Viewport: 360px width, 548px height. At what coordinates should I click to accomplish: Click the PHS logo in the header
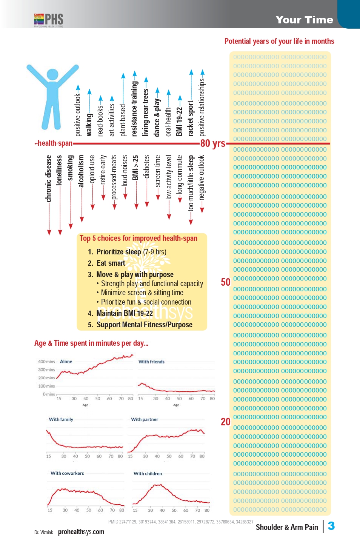pos(49,20)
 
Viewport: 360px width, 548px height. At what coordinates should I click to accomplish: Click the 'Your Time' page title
pos(304,20)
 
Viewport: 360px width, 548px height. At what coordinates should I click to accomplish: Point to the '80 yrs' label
pos(213,143)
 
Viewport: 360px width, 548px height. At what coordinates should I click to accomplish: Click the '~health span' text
pos(54,143)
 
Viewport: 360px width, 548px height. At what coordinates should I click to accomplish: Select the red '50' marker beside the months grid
pos(226,282)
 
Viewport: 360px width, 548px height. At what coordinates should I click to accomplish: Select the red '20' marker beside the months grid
pos(226,422)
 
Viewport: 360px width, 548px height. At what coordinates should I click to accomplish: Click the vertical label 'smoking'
pos(71,168)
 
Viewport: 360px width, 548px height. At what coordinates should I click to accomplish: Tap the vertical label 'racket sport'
pos(191,118)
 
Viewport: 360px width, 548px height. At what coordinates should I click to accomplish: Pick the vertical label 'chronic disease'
pos(49,179)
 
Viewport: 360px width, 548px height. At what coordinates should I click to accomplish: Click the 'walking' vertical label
pos(89,125)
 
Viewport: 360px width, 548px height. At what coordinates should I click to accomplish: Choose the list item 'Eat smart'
pos(111,263)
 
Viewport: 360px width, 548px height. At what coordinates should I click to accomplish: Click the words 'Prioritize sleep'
pos(118,252)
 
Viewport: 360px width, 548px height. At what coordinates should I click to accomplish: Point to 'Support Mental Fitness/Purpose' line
pos(144,325)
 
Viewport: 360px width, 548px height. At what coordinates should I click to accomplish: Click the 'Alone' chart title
pos(66,362)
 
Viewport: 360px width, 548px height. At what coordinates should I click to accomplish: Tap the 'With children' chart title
pos(148,474)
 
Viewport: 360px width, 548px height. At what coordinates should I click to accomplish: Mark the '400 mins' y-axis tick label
pos(46,362)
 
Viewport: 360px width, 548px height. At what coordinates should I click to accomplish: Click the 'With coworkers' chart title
pos(67,473)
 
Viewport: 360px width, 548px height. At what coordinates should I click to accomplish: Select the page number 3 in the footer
pos(331,526)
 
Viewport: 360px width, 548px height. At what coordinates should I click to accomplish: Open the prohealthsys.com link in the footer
pos(81,532)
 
